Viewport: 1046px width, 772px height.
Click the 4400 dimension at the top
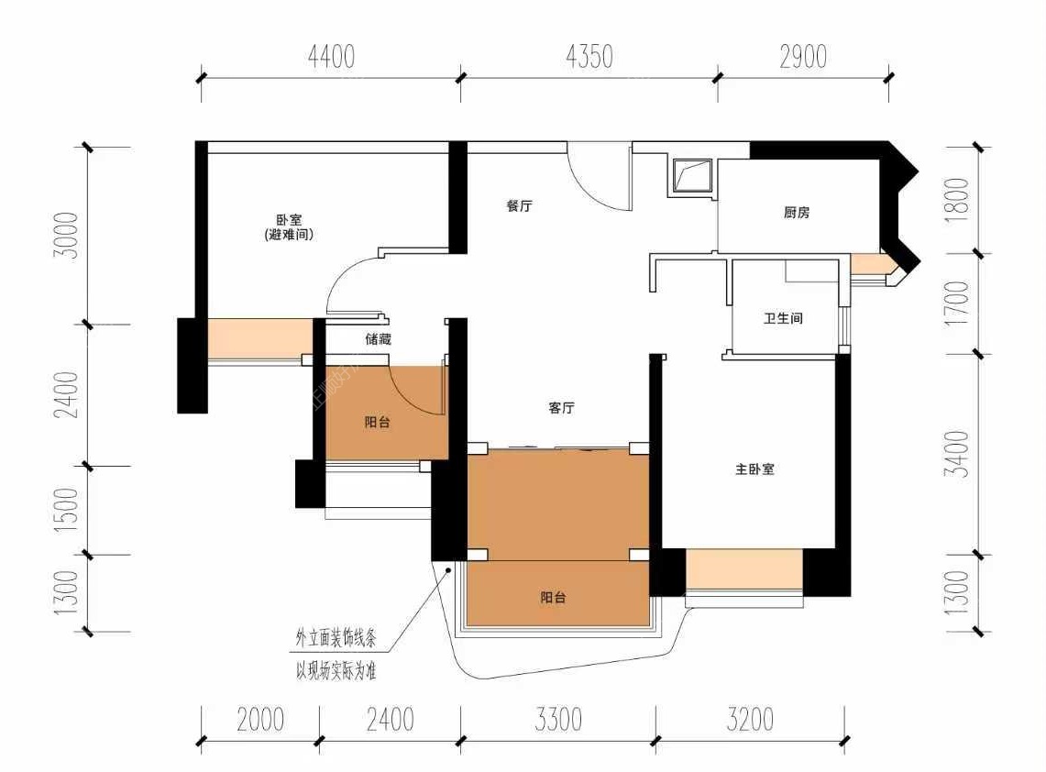pyautogui.click(x=331, y=57)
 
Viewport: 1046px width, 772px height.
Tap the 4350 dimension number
pyautogui.click(x=589, y=57)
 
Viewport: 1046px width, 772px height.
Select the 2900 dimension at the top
pyautogui.click(x=803, y=57)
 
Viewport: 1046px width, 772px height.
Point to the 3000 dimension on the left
pyautogui.click(x=67, y=236)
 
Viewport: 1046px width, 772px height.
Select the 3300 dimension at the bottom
pyautogui.click(x=558, y=720)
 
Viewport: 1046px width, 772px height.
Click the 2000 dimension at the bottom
pyautogui.click(x=260, y=720)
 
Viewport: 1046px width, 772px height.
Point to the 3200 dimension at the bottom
pyautogui.click(x=750, y=720)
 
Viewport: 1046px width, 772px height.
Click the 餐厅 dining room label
pyautogui.click(x=519, y=205)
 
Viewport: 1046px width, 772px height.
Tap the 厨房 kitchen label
pyautogui.click(x=797, y=212)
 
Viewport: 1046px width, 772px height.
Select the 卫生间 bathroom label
pyautogui.click(x=783, y=318)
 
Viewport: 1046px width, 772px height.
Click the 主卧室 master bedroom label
pyautogui.click(x=754, y=469)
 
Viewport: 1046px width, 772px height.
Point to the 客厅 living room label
pyautogui.click(x=561, y=408)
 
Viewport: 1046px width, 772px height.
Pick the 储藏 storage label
pyautogui.click(x=378, y=339)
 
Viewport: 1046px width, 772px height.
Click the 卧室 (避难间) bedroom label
pyautogui.click(x=289, y=226)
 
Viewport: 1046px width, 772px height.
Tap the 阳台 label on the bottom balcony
pyautogui.click(x=553, y=598)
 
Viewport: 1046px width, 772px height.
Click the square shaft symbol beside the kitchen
pyautogui.click(x=692, y=175)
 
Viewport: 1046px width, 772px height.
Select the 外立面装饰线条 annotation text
pyautogui.click(x=336, y=638)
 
